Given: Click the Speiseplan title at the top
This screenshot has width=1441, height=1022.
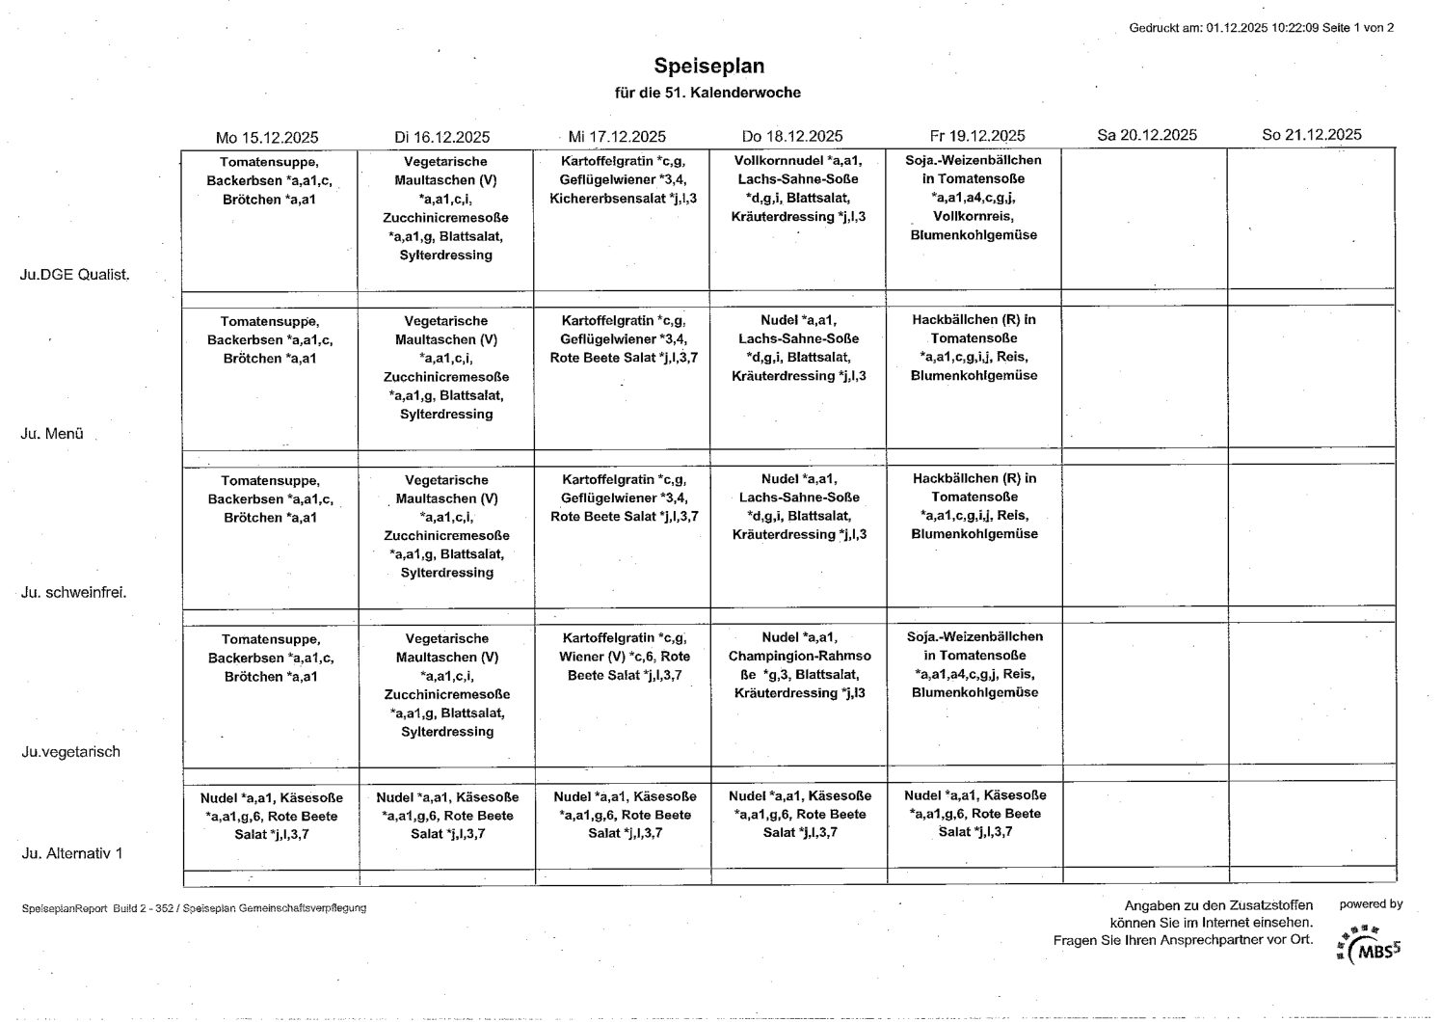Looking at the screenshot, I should (x=708, y=66).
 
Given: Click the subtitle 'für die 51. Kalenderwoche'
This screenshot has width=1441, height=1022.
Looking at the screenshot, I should (x=708, y=93).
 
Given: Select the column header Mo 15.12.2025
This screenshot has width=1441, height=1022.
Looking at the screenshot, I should (x=267, y=137).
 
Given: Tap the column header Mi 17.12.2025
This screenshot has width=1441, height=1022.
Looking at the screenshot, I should (x=617, y=137).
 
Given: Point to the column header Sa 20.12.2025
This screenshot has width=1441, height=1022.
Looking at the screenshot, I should (x=1147, y=135).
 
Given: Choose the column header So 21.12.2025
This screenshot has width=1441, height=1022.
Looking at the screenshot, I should (x=1312, y=135).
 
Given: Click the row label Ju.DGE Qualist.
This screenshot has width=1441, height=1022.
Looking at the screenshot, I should (x=74, y=274).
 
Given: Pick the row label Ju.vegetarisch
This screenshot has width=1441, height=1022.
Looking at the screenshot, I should (x=71, y=751).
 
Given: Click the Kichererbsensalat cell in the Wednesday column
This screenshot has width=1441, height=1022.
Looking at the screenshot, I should (x=623, y=199).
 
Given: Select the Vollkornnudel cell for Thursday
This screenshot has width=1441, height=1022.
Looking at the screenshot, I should (x=798, y=188).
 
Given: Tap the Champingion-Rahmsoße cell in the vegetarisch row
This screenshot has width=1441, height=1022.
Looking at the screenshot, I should (x=799, y=665).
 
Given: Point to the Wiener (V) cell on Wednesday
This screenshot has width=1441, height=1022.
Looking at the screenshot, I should (x=624, y=657).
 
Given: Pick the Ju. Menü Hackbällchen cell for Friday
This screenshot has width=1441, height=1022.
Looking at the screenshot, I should (x=974, y=347).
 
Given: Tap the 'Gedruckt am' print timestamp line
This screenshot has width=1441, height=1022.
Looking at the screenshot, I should (x=1261, y=28).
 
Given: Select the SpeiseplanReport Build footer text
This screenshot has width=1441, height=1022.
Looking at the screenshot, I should (x=193, y=908).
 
